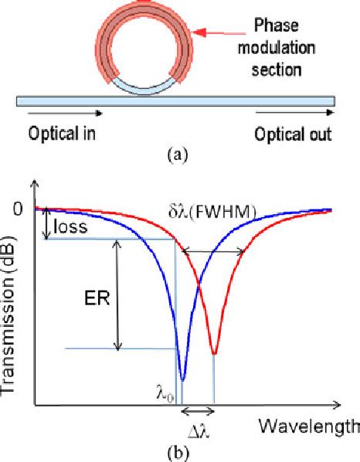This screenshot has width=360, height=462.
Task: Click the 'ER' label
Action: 93,294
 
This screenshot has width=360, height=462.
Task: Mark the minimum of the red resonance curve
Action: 214,354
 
